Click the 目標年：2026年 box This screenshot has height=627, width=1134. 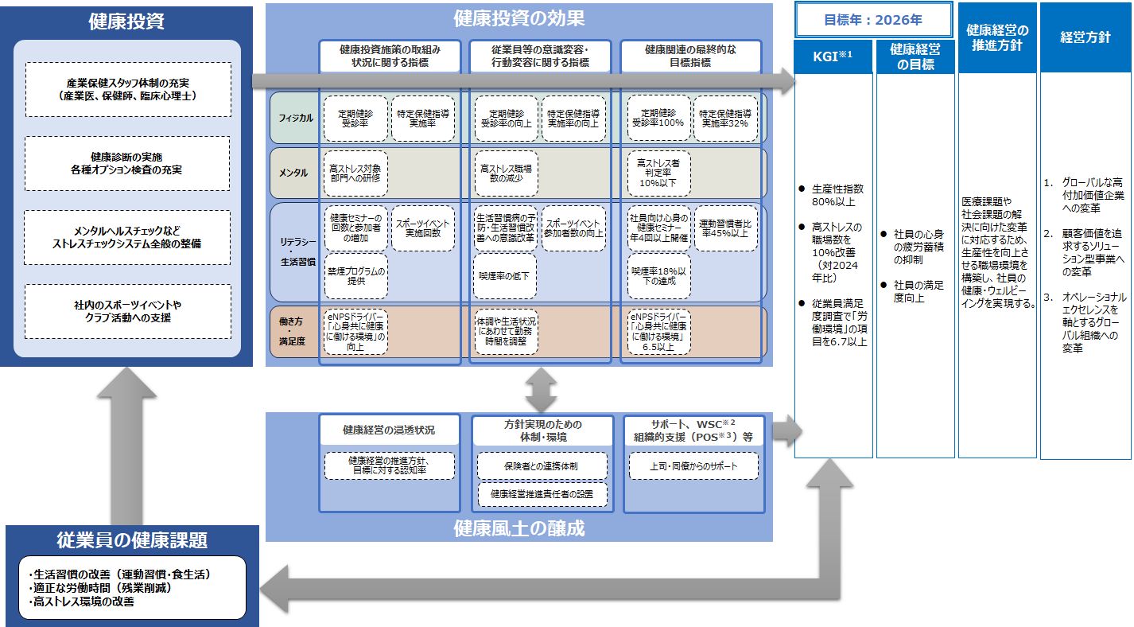[x=874, y=19]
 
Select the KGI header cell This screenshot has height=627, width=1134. [x=833, y=56]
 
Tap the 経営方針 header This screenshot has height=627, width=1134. [x=1085, y=37]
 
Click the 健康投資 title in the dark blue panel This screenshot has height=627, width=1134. [x=127, y=21]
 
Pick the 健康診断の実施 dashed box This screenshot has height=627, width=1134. [x=127, y=163]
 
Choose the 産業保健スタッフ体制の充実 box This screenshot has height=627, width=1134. [x=127, y=89]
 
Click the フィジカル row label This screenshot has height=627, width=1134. [x=295, y=118]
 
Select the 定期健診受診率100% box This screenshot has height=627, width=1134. [x=658, y=119]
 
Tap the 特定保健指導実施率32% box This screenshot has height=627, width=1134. [x=724, y=119]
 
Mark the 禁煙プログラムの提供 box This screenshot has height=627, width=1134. [x=355, y=276]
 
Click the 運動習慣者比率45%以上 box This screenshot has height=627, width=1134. [x=724, y=228]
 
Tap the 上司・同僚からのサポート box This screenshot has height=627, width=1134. [x=693, y=466]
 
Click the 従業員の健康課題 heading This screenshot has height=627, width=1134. [x=132, y=540]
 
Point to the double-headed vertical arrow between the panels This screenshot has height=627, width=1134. [x=541, y=389]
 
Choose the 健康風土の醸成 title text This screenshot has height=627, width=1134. [x=518, y=528]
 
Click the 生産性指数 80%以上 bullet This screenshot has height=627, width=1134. [x=836, y=196]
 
